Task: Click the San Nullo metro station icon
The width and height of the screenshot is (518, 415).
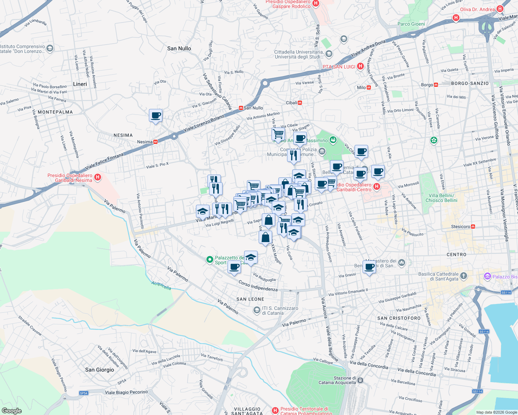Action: [x=241, y=108]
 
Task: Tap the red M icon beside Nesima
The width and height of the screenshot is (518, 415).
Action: [x=155, y=142]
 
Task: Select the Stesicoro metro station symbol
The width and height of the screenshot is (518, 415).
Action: [x=473, y=227]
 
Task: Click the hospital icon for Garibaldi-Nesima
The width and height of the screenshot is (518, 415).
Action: [x=98, y=177]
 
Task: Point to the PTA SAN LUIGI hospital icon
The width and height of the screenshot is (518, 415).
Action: [x=360, y=66]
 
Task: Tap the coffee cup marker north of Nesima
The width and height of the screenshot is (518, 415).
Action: [x=155, y=116]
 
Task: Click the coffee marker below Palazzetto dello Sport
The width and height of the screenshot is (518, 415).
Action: [x=234, y=267]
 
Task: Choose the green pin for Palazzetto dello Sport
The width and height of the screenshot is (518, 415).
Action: [x=209, y=259]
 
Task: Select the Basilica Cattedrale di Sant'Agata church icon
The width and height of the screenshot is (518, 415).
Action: [x=464, y=276]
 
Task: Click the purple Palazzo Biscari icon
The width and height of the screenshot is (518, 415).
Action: [x=488, y=276]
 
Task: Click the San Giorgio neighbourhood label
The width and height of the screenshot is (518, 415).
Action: [x=99, y=370]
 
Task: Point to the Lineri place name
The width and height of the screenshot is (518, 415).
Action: [x=80, y=84]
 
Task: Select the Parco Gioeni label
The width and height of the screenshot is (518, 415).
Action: [x=411, y=24]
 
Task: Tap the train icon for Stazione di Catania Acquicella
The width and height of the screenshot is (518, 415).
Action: [x=360, y=380]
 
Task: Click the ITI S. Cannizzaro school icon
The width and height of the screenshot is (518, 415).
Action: [x=257, y=310]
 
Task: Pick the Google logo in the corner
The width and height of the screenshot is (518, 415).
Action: [x=11, y=411]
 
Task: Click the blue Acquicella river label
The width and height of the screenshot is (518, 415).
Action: [x=161, y=285]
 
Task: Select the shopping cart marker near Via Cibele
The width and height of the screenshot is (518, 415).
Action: [x=278, y=134]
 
